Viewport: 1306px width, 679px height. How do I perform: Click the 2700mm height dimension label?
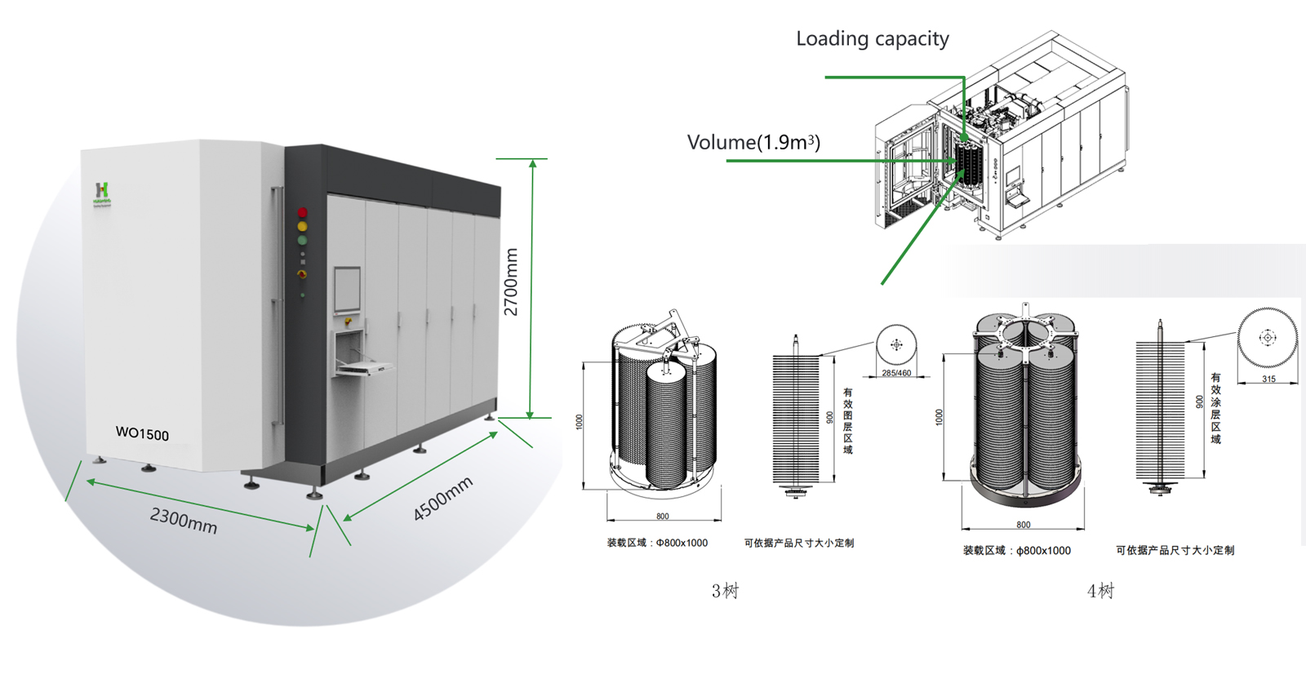tap(511, 282)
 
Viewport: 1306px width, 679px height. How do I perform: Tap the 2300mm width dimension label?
tap(184, 521)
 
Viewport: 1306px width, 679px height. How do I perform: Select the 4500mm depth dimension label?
tap(442, 499)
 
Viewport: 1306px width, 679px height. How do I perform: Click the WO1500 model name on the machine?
tap(142, 433)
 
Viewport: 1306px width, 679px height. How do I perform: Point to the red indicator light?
tap(302, 213)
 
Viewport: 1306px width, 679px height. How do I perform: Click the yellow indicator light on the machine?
tap(302, 226)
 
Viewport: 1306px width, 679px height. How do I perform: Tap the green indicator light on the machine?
tap(302, 240)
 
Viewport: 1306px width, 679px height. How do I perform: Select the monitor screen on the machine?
tap(347, 290)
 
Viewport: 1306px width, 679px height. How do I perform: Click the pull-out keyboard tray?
tap(365, 369)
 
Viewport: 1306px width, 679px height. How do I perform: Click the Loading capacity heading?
tap(873, 39)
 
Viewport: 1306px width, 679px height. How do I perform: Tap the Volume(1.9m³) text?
tap(753, 143)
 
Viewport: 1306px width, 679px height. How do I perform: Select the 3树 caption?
tap(725, 591)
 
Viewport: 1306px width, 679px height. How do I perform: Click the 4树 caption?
tap(1100, 591)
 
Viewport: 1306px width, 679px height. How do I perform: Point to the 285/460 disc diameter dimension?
tap(896, 373)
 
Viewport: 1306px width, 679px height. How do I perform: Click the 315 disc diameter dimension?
tap(1268, 379)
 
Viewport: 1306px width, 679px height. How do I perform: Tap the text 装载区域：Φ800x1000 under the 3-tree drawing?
tap(657, 543)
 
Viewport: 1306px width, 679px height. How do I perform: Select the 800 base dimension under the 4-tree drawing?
tap(1023, 525)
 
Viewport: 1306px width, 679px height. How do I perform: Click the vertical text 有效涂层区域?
tap(1215, 408)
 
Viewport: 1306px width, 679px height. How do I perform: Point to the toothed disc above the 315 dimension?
tap(1268, 337)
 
